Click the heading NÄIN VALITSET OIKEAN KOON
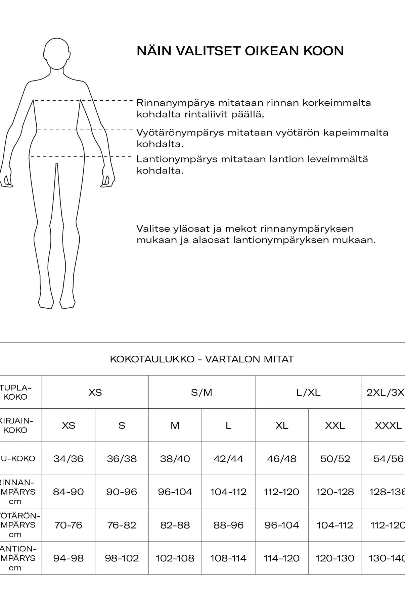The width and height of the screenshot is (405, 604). [240, 51]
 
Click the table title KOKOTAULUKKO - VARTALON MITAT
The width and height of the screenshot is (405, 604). [202, 359]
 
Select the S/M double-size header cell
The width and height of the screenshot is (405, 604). [201, 392]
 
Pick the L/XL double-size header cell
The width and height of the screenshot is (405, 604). [308, 392]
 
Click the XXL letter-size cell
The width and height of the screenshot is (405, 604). [335, 425]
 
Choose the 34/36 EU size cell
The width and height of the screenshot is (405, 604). [69, 459]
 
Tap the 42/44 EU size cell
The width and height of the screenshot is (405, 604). [228, 459]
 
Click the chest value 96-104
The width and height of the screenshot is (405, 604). [175, 492]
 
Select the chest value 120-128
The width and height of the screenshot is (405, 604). [335, 492]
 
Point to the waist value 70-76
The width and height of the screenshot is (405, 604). [69, 525]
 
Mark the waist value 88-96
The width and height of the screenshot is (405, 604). [228, 525]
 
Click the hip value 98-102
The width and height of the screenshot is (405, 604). [122, 558]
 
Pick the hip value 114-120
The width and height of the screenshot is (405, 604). [281, 558]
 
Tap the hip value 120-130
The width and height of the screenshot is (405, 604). [335, 558]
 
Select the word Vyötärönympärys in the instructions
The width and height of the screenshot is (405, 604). [180, 133]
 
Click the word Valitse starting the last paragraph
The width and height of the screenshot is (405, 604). [151, 229]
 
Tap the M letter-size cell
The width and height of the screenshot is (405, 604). [175, 425]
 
